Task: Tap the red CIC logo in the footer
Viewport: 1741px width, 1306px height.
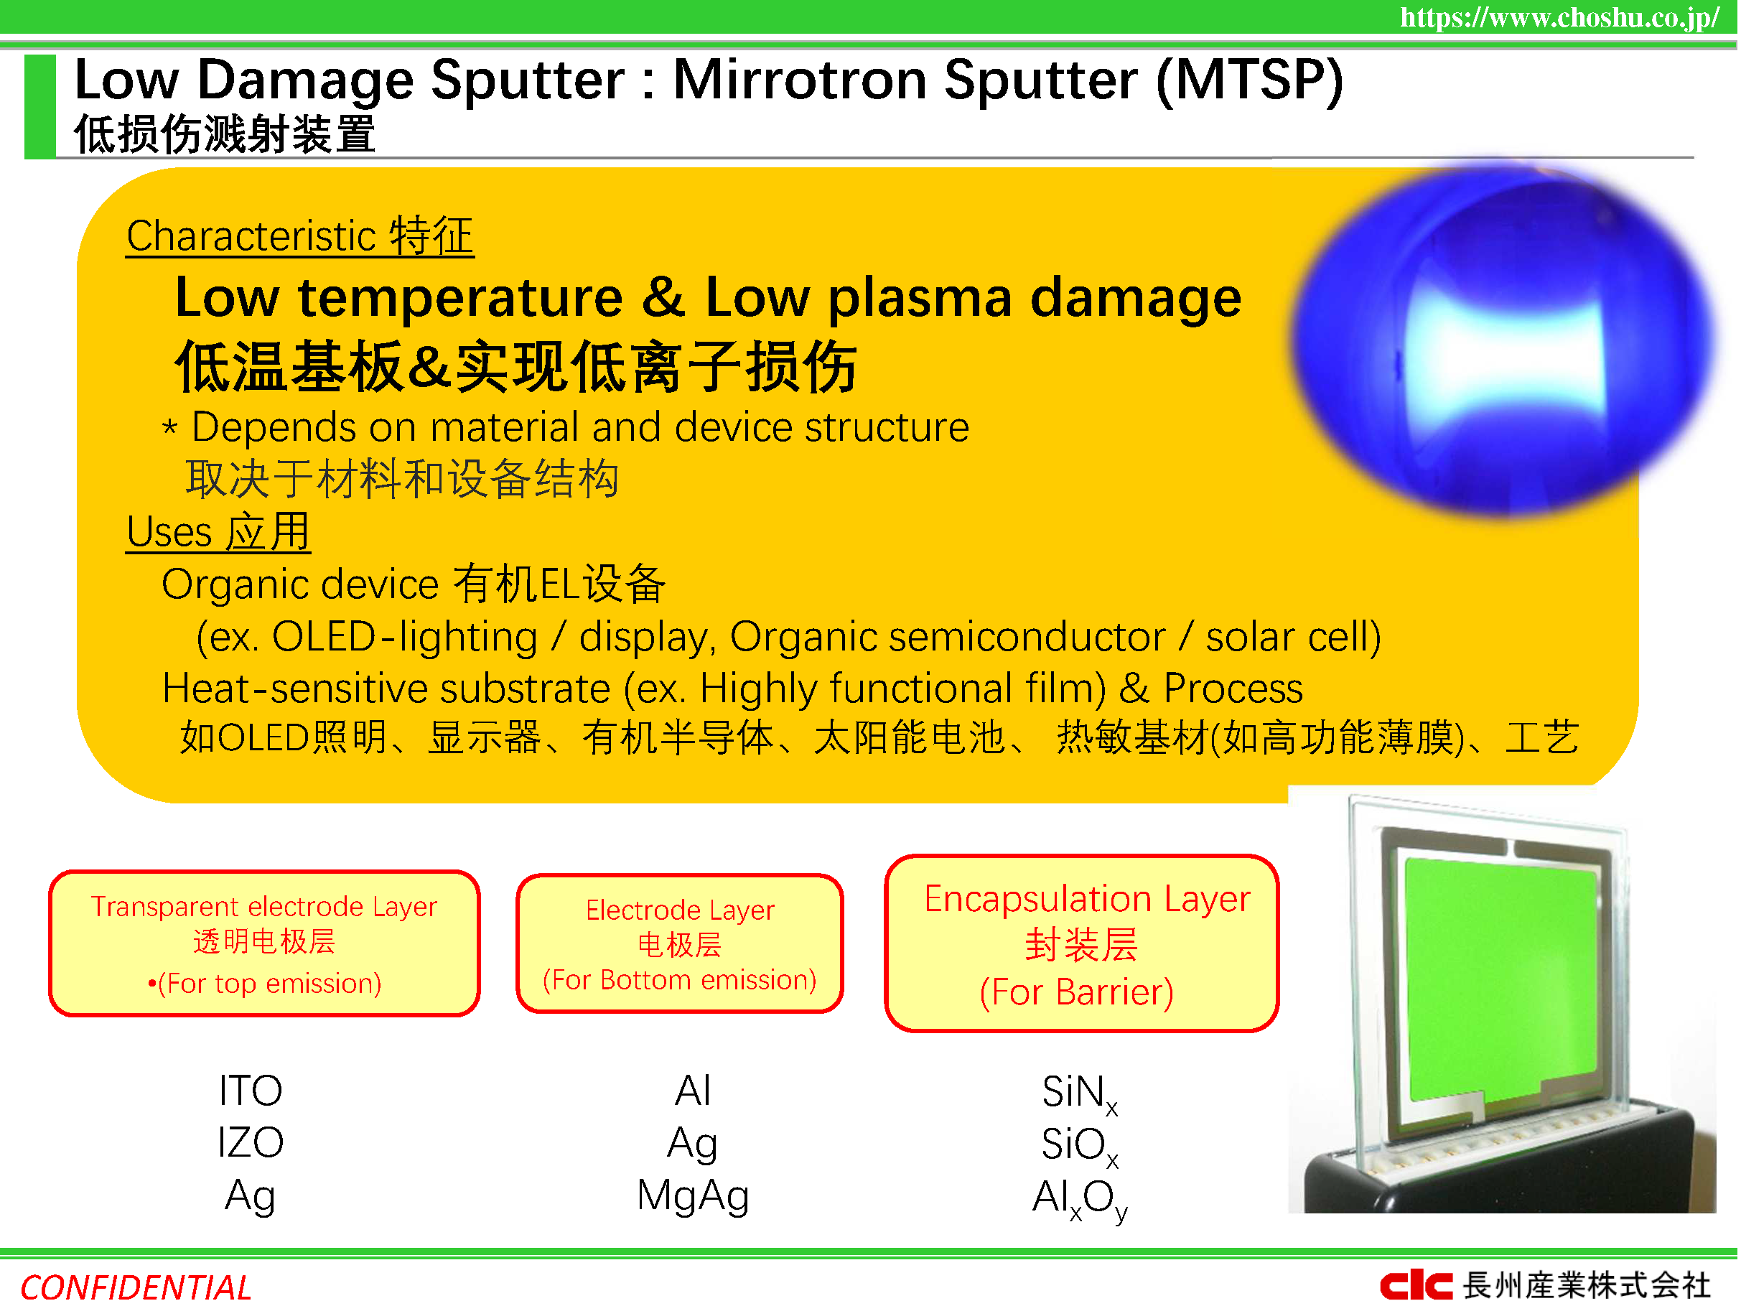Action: point(1416,1285)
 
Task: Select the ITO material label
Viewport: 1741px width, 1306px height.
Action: point(251,1091)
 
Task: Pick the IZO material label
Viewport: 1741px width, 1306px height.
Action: point(251,1142)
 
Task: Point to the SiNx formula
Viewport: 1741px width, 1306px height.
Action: point(1080,1094)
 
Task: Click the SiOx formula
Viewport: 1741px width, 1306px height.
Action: point(1080,1146)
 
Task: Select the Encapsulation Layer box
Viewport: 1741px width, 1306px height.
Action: point(1082,944)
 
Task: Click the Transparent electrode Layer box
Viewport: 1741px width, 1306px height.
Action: point(264,944)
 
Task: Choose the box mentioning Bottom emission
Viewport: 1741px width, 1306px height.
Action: point(680,944)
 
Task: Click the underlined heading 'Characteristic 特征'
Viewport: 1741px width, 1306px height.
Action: point(300,236)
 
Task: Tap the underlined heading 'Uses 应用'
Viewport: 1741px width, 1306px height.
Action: point(218,531)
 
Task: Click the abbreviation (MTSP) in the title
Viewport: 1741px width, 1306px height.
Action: point(1250,81)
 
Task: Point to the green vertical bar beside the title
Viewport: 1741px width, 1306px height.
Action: point(40,106)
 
